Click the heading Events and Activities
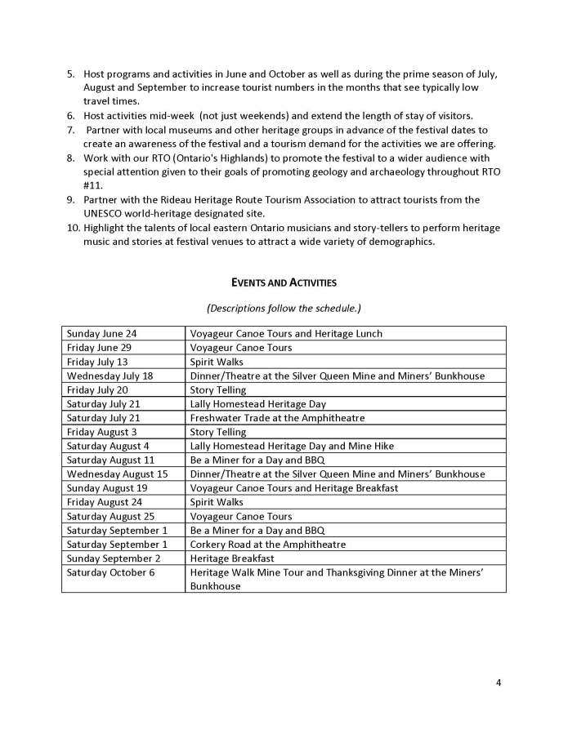[284, 283]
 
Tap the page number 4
[498, 682]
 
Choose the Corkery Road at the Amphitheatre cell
[267, 545]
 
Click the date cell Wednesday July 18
[111, 376]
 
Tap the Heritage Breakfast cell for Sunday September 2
[227, 558]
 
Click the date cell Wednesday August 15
[117, 474]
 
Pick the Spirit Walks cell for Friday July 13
[217, 362]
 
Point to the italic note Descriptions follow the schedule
[284, 308]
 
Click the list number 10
[72, 227]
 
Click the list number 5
[71, 74]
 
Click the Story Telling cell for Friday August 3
[217, 432]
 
